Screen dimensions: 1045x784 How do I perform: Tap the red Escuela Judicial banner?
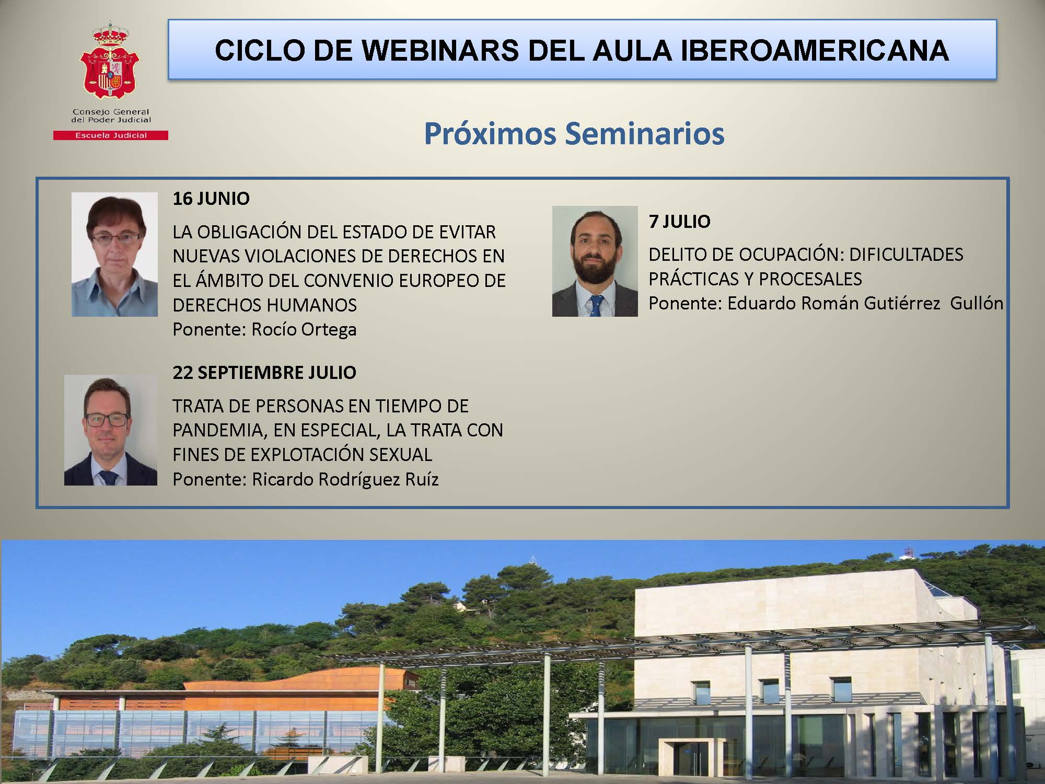(x=111, y=135)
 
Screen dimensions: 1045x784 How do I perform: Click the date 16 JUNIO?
(x=211, y=199)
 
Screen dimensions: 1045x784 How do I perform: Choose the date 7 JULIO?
(x=679, y=222)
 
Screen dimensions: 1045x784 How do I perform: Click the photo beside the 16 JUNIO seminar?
(x=114, y=254)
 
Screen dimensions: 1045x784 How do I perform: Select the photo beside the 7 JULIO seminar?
(x=595, y=261)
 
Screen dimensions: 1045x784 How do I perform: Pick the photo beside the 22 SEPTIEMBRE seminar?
(x=111, y=430)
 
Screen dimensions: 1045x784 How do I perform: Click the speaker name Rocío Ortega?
(x=304, y=330)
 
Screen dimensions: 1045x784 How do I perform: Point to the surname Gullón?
(x=976, y=303)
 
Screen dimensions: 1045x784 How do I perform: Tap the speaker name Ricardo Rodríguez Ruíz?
(x=345, y=479)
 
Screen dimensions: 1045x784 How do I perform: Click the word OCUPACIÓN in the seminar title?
(x=785, y=255)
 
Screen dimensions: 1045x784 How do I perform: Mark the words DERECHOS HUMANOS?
(x=265, y=305)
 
